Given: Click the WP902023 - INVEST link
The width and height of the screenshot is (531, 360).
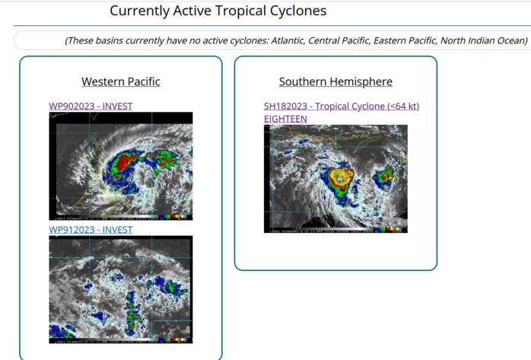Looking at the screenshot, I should (x=91, y=106).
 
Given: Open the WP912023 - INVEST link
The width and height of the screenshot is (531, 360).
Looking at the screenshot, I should (x=91, y=229).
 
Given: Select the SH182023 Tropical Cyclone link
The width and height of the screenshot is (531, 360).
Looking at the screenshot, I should (x=342, y=106).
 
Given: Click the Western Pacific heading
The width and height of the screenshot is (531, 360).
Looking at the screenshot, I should (x=121, y=81).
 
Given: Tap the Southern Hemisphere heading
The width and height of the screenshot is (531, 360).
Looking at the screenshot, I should (x=335, y=81).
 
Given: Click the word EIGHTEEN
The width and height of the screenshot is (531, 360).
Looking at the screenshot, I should (x=285, y=119).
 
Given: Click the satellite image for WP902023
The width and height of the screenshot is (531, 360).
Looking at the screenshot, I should (x=121, y=166).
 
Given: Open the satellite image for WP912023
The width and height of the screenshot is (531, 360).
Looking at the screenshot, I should (x=121, y=289).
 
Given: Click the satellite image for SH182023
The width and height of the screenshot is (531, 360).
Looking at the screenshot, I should (x=335, y=178).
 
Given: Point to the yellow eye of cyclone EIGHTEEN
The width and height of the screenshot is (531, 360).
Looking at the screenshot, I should (x=339, y=177).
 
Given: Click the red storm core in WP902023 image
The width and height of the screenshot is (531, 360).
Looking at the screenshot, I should (x=122, y=162).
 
